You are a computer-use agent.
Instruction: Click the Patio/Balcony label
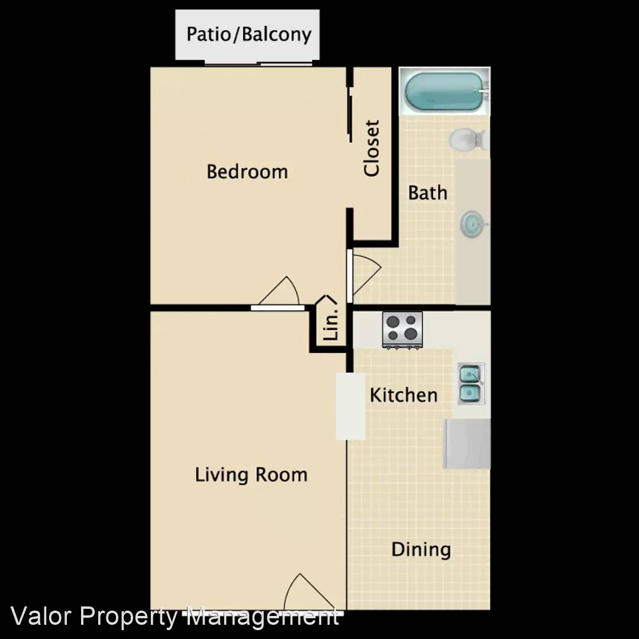(x=248, y=34)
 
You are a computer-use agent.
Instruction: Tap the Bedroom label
(x=247, y=172)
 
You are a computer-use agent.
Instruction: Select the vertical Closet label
(x=372, y=148)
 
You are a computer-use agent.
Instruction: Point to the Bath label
(x=428, y=192)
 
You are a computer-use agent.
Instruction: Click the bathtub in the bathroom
(x=444, y=91)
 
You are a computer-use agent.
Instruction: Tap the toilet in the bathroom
(x=467, y=140)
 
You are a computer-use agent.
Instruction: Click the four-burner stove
(x=402, y=329)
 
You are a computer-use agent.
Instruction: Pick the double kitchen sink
(x=471, y=383)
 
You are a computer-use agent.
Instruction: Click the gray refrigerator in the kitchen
(x=467, y=444)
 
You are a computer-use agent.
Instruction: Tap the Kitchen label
(x=404, y=395)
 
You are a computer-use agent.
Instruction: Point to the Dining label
(x=421, y=549)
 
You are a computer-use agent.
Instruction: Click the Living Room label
(x=251, y=475)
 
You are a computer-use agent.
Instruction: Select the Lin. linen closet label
(x=332, y=324)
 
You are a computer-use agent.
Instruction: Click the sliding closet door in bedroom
(x=350, y=118)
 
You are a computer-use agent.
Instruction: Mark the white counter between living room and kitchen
(x=350, y=406)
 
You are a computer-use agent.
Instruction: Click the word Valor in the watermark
(x=42, y=617)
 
